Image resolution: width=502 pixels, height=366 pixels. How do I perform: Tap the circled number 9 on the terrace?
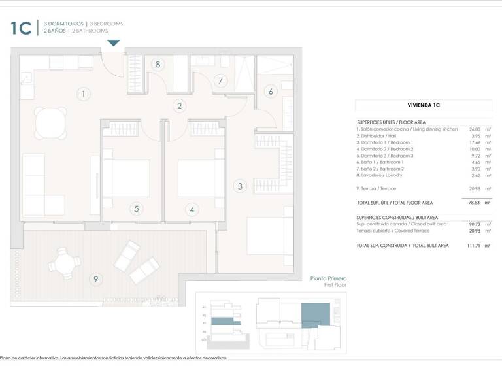[x=96, y=280]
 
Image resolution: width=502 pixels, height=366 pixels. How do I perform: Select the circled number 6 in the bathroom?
[x=271, y=92]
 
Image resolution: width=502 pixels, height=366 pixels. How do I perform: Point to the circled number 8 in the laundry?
[x=158, y=64]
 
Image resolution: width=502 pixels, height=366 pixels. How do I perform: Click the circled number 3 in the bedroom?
[x=240, y=186]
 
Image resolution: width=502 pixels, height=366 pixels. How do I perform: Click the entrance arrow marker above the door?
[x=114, y=43]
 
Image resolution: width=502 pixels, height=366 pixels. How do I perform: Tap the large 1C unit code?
[x=22, y=27]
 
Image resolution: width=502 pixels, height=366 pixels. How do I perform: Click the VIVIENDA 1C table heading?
[x=423, y=105]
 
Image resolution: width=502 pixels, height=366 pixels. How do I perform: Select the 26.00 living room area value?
[x=475, y=129]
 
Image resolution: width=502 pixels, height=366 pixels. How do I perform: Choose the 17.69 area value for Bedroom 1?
[x=475, y=142]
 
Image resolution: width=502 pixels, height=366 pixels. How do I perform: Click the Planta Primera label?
[x=328, y=279]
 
